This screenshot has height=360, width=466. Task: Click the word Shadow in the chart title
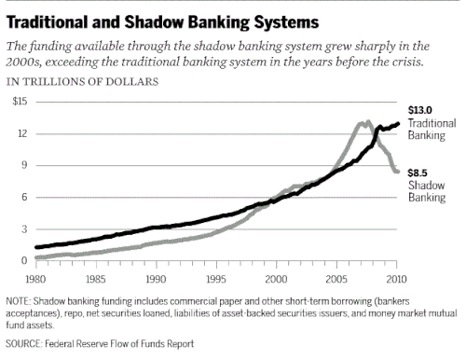pos(156,22)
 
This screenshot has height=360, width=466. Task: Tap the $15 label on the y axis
pos(20,102)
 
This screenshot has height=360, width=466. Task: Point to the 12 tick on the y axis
pos(22,133)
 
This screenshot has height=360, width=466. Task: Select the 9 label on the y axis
pos(24,165)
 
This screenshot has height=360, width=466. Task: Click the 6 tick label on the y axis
pos(24,197)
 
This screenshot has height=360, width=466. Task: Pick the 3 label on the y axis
pos(24,229)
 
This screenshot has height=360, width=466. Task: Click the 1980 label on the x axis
pos(35,279)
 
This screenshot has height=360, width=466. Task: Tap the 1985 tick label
pos(95,279)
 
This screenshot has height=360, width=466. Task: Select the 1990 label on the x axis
pos(156,279)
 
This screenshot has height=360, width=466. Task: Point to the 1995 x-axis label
pos(216,279)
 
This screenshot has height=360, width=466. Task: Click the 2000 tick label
pos(276,279)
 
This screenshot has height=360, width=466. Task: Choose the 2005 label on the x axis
pos(336,279)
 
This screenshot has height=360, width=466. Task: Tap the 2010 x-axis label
pos(396,279)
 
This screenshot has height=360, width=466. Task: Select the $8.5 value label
pos(418,173)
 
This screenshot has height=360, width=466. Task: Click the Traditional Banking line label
pos(432,129)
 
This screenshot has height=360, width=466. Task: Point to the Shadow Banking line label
pos(427,191)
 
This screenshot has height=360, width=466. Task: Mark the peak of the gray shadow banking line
pos(368,121)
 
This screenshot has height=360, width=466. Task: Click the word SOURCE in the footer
pos(23,343)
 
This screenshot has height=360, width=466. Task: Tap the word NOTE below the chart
pos(18,301)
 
